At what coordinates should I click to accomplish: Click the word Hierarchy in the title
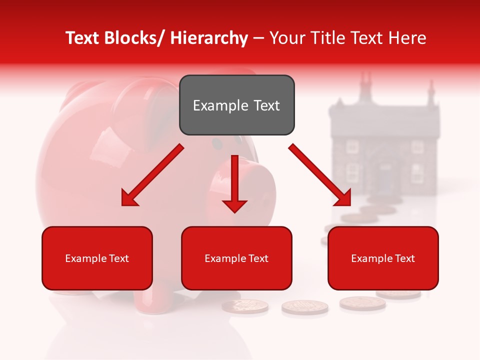point(209,38)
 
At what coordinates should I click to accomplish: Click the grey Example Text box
point(236,105)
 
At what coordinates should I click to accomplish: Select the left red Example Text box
point(97,258)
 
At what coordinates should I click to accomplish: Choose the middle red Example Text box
point(236,258)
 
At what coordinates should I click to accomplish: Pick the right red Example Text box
point(383,258)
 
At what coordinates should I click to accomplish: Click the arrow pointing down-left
point(152,175)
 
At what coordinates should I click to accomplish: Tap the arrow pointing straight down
point(234,185)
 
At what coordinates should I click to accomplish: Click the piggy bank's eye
point(217,144)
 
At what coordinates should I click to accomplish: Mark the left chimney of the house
point(365,82)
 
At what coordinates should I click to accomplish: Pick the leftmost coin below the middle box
point(245,306)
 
